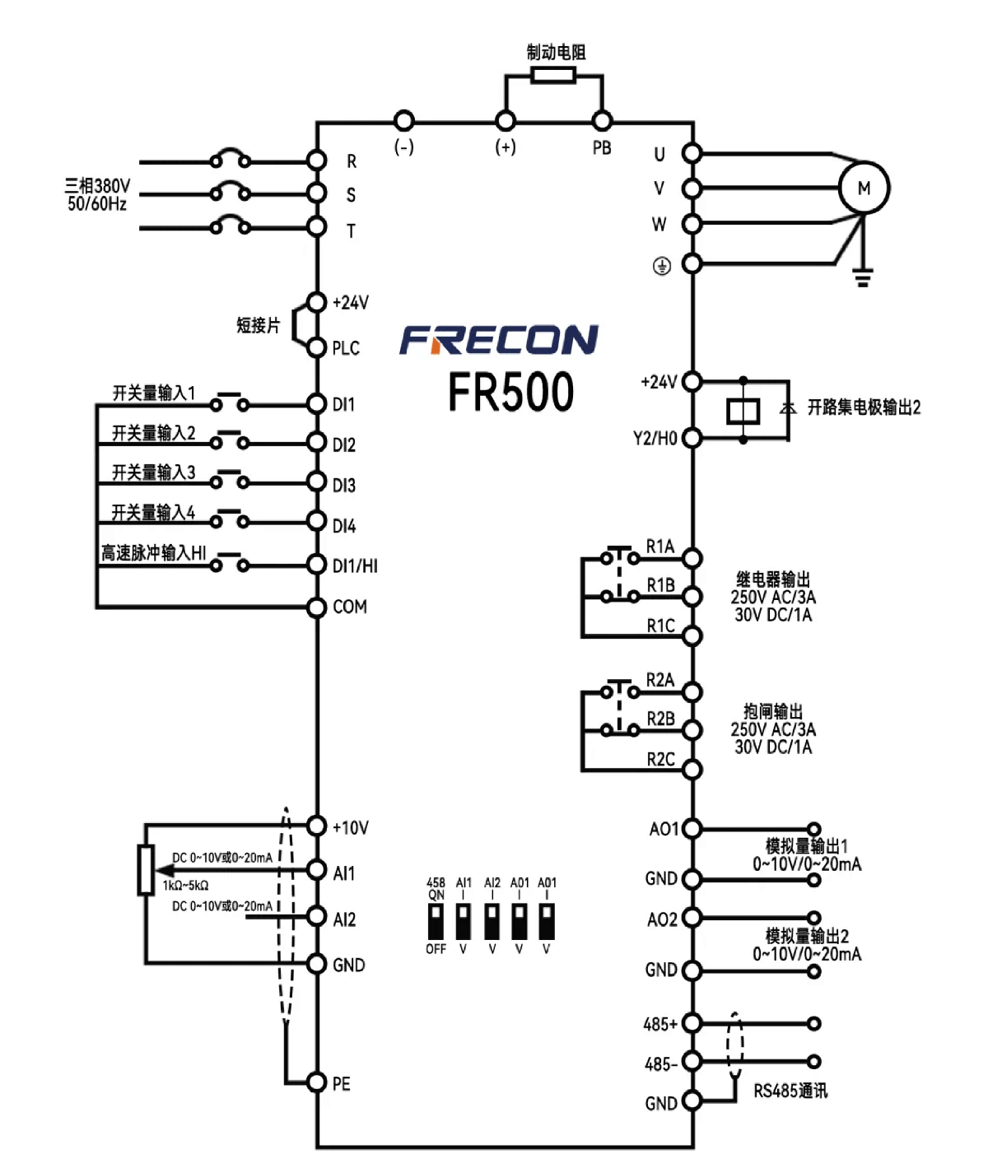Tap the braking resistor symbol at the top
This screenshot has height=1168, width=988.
point(553,75)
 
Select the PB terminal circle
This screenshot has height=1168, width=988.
point(602,120)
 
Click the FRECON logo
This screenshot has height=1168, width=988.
point(498,340)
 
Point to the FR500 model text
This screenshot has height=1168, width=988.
point(511,392)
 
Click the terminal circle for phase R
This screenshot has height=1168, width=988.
point(316,161)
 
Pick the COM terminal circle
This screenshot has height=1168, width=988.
point(316,607)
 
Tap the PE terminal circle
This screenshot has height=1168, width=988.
point(316,1082)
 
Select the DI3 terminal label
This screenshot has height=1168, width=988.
point(343,486)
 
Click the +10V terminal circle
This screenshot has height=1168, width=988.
point(316,826)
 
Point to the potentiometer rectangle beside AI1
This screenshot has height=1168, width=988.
point(146,870)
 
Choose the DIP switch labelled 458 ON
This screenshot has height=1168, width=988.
point(436,921)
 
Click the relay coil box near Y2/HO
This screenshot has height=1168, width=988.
point(743,411)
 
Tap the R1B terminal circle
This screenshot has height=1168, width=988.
point(692,596)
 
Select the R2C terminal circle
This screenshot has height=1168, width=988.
point(692,769)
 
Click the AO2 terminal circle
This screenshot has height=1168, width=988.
point(692,918)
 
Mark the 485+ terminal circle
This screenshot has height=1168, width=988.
point(692,1023)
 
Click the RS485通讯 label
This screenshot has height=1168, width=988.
point(790,1091)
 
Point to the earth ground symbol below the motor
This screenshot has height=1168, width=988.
point(863,277)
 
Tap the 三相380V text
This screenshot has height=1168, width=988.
point(97,185)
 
